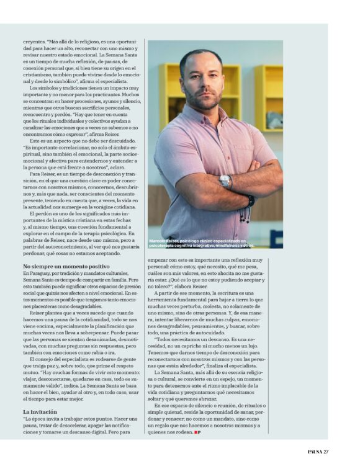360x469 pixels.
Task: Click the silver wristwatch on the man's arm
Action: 225,181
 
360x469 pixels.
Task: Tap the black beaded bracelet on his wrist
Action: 250,201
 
